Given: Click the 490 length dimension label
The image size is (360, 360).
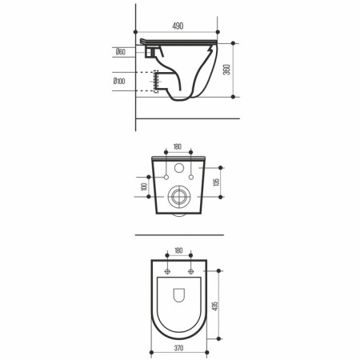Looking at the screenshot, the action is tap(178, 26).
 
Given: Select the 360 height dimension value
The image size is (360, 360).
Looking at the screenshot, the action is tap(226, 70).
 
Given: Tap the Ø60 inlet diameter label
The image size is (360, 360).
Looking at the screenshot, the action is tap(121, 52).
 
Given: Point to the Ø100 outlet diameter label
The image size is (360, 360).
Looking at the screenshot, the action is tap(119, 81).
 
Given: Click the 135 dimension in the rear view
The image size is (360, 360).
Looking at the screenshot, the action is tap(217, 182).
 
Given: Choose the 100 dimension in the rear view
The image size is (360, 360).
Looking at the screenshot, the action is tap(144, 186).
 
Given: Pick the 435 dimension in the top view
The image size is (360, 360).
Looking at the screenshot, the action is tap(215, 306).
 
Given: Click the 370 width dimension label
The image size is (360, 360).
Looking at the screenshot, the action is tap(178, 348).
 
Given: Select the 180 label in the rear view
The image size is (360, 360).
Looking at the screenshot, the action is tap(178, 146).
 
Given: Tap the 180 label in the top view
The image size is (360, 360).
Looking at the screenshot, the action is tap(178, 250).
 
